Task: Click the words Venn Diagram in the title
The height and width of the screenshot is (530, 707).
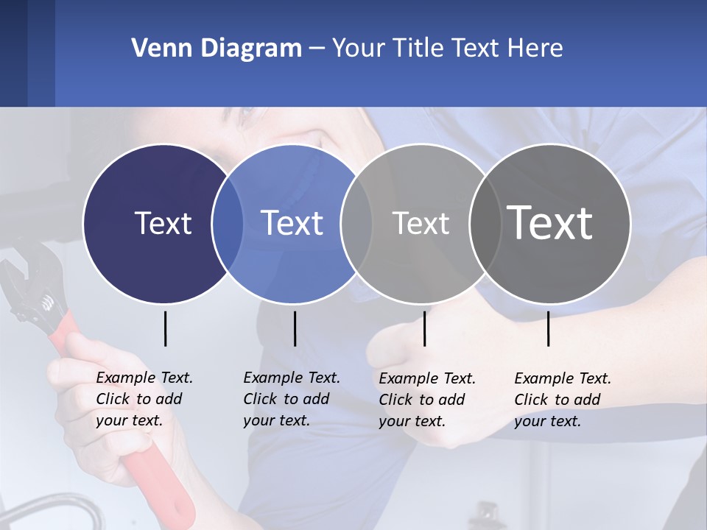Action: click(217, 49)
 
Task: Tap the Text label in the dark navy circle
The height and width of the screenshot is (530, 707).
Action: click(163, 223)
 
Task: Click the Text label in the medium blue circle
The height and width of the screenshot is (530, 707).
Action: click(292, 223)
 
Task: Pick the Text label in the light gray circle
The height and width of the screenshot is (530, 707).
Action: click(421, 223)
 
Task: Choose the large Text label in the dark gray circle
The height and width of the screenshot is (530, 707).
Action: click(549, 223)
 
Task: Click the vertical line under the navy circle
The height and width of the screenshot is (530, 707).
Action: click(165, 328)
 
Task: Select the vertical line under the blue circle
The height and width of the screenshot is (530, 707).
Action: click(295, 328)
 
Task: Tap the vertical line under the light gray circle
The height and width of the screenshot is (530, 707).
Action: click(424, 328)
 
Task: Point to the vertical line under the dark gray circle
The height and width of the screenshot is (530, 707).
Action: click(549, 328)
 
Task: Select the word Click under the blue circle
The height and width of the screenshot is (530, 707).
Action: click(261, 399)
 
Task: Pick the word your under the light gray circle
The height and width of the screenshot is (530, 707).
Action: click(395, 421)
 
